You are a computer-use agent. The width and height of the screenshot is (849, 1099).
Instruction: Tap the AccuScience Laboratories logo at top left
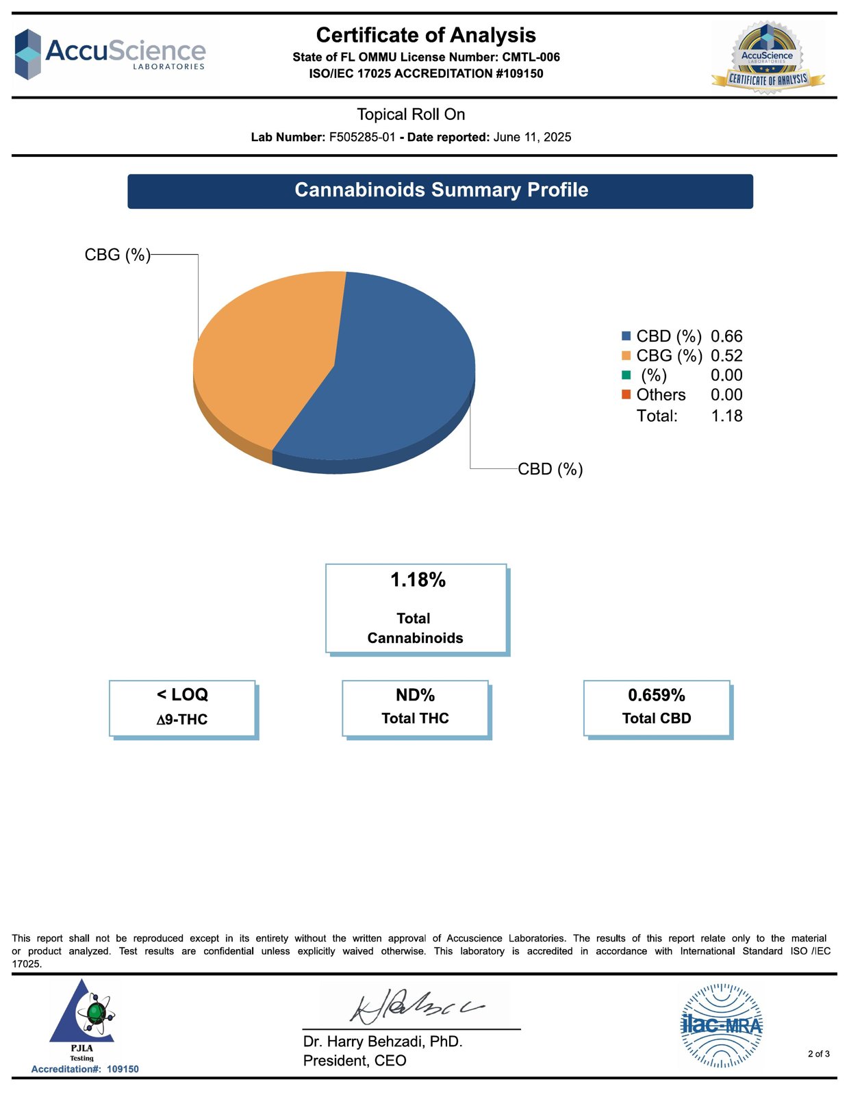(x=110, y=53)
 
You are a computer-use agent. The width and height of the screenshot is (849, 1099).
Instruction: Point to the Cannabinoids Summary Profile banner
(x=440, y=190)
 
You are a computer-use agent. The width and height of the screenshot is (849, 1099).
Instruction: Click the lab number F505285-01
(x=362, y=137)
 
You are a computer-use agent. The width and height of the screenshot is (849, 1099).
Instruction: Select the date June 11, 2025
(x=532, y=137)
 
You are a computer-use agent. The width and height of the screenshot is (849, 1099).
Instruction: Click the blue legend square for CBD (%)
(x=626, y=336)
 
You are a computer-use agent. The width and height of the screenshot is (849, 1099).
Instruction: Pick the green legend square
(x=626, y=375)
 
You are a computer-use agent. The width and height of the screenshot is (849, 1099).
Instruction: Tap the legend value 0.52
(x=726, y=355)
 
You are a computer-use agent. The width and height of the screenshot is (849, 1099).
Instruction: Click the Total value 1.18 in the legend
(x=726, y=416)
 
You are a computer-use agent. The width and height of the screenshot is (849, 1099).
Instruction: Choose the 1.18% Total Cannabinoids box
(x=416, y=608)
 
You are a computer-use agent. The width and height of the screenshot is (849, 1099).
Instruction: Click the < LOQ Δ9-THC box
(x=182, y=708)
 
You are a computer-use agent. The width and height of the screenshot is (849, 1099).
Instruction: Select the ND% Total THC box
(x=416, y=708)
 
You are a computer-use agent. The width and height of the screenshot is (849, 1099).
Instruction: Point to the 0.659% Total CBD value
(x=657, y=696)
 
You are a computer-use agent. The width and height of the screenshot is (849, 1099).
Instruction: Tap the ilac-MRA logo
(x=721, y=1025)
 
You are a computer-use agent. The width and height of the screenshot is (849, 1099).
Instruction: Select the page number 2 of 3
(x=818, y=1054)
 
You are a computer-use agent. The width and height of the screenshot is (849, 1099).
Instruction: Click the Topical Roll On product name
(x=411, y=114)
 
